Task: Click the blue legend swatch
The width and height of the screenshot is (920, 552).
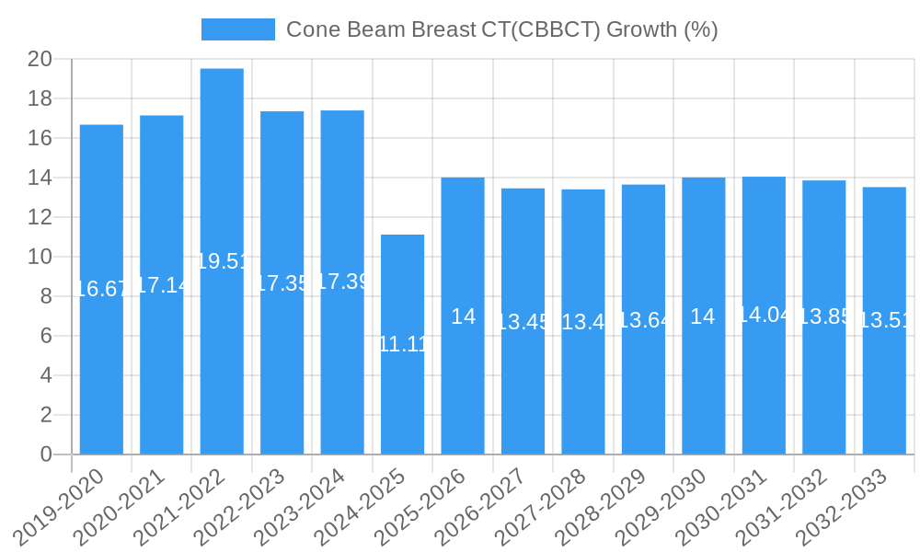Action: tap(238, 29)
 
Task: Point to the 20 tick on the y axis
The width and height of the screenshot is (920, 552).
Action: tap(40, 60)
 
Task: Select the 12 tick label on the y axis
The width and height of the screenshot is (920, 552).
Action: tap(40, 217)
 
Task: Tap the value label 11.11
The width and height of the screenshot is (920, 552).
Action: tap(402, 344)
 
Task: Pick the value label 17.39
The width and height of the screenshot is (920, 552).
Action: tap(342, 282)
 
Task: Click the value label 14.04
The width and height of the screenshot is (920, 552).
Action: tap(764, 315)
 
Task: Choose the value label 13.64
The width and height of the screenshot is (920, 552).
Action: tap(644, 320)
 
